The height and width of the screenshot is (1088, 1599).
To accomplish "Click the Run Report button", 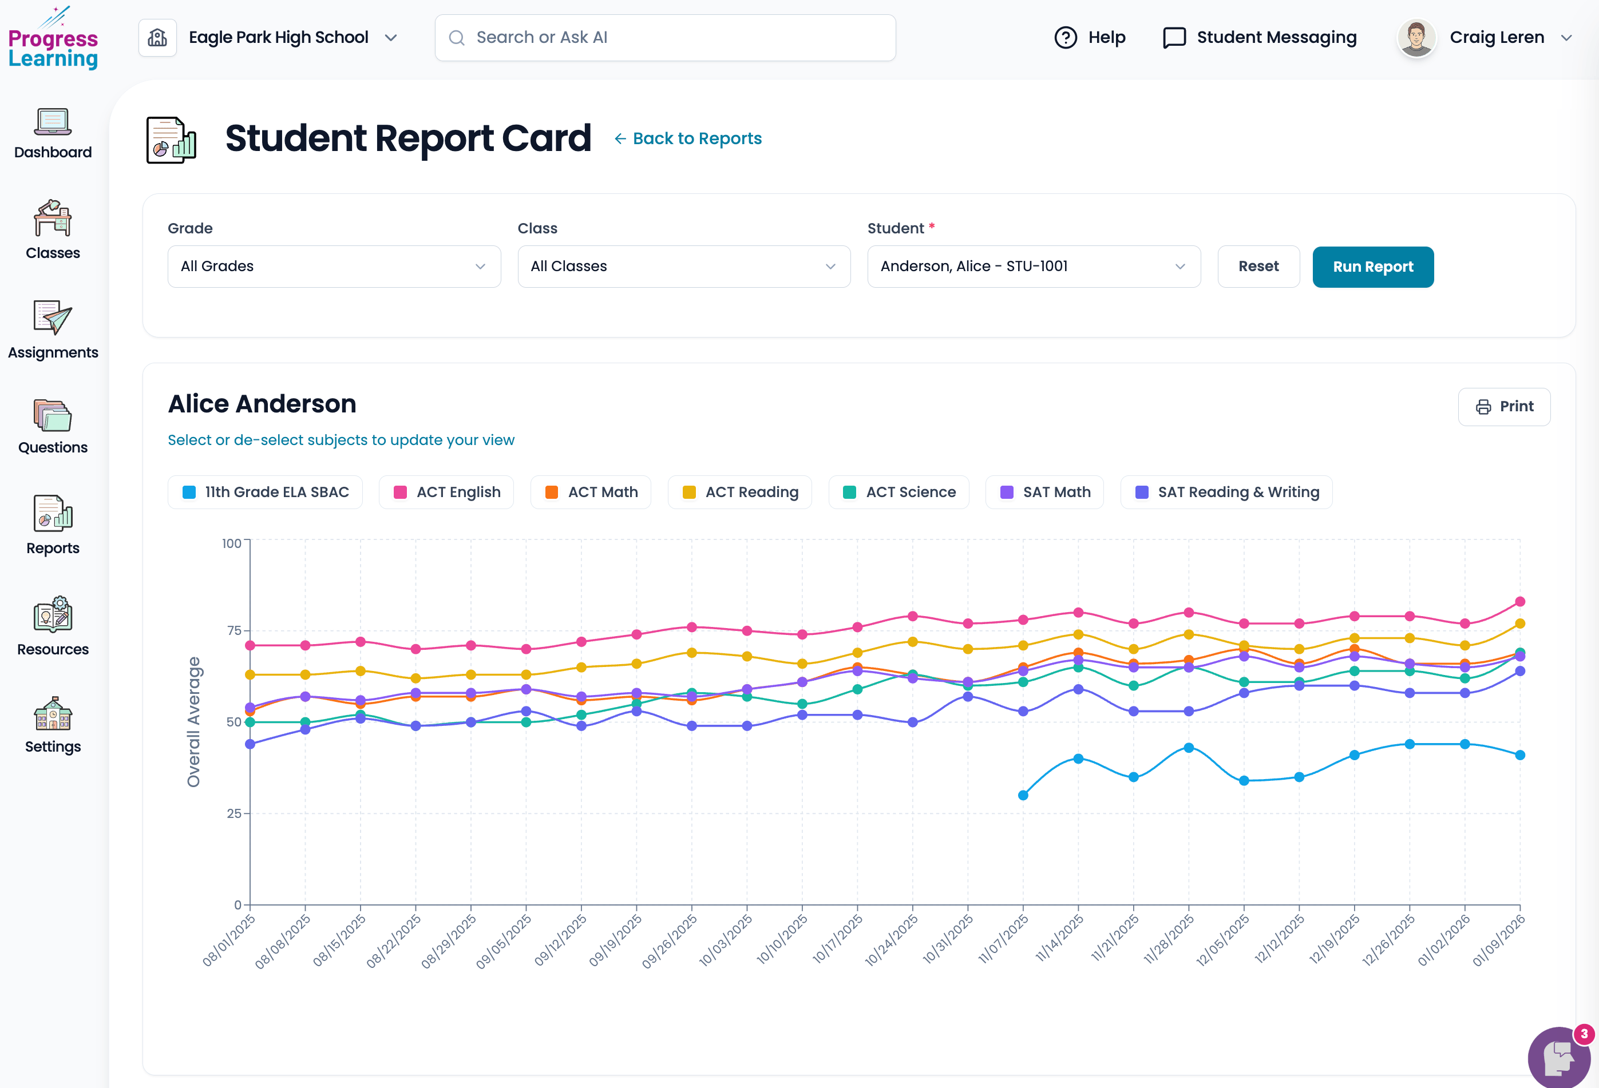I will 1372,267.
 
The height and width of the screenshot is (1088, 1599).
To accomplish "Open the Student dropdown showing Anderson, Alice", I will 1033,266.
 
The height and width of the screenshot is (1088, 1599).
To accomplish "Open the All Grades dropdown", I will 334,266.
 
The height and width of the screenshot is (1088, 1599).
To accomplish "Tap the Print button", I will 1503,407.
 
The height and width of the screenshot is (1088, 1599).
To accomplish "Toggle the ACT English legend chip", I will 446,493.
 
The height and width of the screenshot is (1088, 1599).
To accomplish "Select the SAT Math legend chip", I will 1044,493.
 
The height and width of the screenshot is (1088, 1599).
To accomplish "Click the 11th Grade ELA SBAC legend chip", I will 265,493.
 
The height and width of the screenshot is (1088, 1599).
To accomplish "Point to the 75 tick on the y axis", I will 234,630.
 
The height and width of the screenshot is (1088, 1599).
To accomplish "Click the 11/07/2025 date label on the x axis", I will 1003,939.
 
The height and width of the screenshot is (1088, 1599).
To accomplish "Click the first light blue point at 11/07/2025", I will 1023,795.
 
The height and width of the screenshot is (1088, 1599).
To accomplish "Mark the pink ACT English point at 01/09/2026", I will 1520,602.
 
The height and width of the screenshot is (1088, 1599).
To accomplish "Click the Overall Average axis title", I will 193,721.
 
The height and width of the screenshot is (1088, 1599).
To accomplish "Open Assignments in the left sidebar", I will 53,330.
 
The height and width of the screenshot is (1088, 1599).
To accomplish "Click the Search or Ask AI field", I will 664,38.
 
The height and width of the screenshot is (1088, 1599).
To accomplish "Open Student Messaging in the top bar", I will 1259,38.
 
